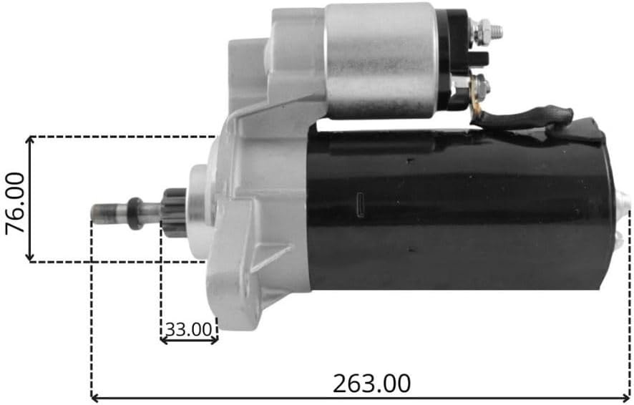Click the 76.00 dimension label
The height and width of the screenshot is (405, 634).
[x=15, y=203]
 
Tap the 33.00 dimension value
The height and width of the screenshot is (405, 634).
[x=189, y=330]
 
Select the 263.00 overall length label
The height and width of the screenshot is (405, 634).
[x=371, y=384]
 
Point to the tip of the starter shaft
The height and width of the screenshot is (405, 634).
[x=92, y=213]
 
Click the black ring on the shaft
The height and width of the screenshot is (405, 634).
[x=135, y=213]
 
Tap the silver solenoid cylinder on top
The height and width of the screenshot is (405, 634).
[x=381, y=61]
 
